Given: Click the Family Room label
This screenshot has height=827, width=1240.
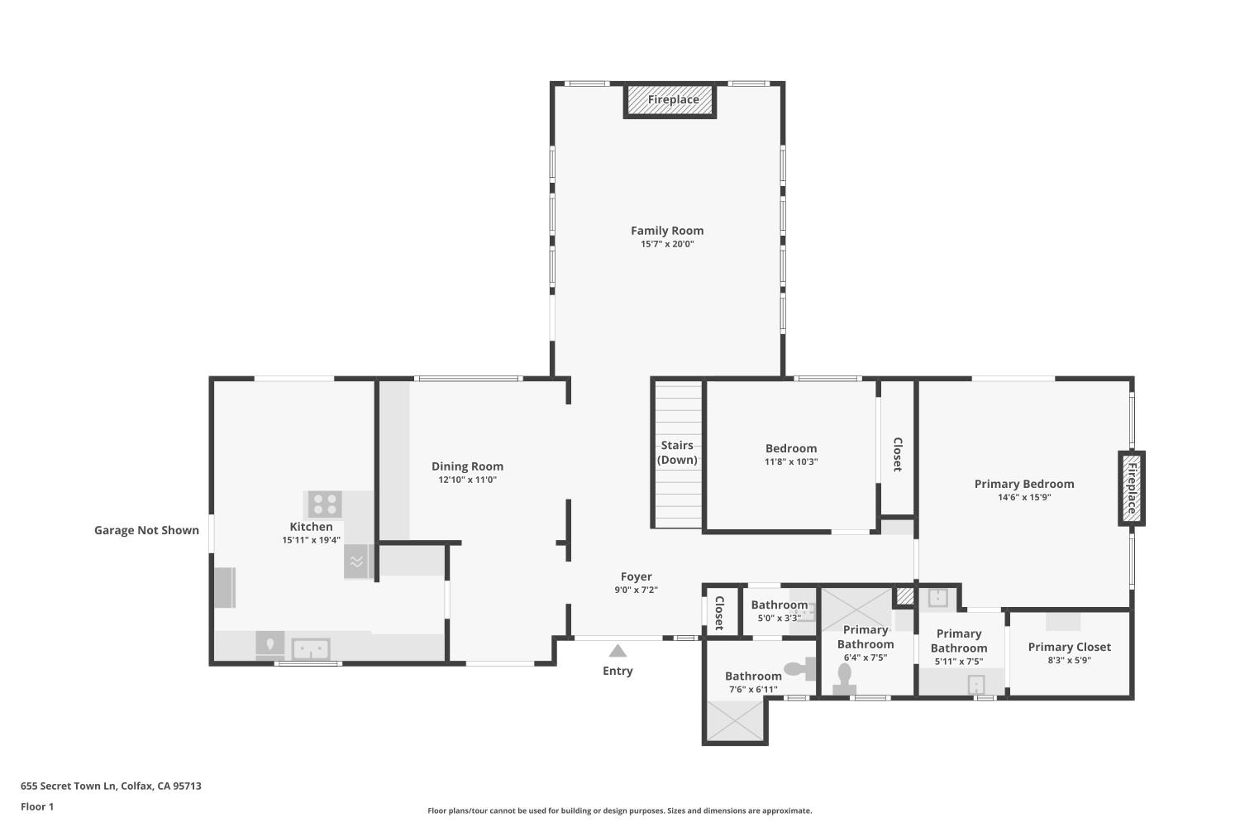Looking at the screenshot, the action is tap(667, 231).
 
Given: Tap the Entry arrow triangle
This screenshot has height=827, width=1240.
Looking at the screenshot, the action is tap(618, 651).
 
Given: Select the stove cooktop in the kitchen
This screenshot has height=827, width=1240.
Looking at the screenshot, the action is tap(325, 504).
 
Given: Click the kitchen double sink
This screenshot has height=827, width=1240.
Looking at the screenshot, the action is tap(311, 648).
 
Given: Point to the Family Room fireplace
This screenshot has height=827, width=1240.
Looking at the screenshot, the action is tap(670, 100).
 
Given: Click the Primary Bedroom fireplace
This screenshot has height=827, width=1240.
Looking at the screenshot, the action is tap(1132, 488).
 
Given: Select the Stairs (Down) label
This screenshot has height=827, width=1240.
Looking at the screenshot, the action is tap(677, 452).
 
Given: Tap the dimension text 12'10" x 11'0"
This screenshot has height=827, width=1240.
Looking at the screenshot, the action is tap(467, 480).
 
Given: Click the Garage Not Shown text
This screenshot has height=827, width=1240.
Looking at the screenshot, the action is tap(146, 530).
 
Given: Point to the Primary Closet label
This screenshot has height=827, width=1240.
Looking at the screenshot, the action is tap(1070, 647).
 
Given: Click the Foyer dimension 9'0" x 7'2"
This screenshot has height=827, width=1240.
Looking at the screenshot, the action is tap(636, 590).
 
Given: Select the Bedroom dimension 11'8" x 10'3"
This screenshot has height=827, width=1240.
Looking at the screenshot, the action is tap(791, 461).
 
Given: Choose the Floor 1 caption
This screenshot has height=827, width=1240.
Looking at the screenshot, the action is tap(37, 806).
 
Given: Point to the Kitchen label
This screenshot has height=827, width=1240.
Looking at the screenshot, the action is tap(311, 527).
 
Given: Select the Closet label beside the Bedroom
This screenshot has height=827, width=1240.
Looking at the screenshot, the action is tap(898, 455).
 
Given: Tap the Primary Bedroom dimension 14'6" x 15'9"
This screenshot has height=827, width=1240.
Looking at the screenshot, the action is tap(1024, 497).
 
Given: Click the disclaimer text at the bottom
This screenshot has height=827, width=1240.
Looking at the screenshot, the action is tap(619, 810).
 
